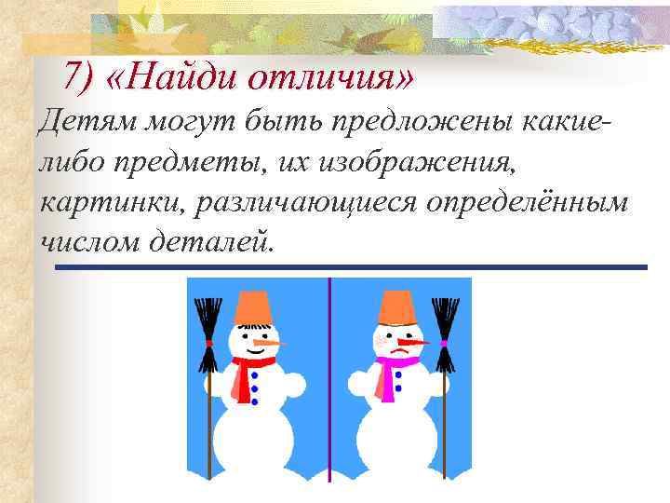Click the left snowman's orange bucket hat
coord(252,307)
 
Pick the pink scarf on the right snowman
coord(386,373)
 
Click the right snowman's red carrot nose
coord(414,343)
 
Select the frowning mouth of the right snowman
coord(398,352)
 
